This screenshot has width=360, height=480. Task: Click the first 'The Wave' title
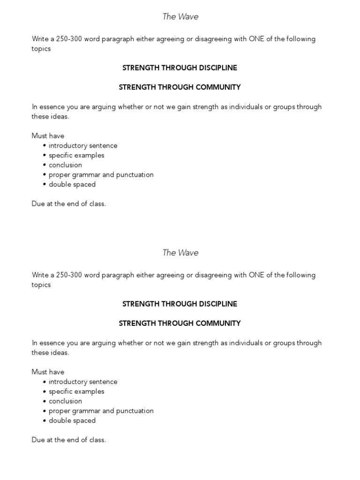coord(180,17)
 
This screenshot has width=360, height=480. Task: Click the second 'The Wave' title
coord(180,253)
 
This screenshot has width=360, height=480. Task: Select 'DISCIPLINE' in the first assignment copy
coord(216,68)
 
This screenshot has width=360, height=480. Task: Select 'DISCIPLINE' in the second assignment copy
coord(216,304)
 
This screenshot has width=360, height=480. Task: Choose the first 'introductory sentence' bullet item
coord(83,146)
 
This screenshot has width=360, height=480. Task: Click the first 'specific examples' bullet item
coord(76,156)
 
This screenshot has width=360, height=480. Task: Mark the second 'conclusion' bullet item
coord(65,401)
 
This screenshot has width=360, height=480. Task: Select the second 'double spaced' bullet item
coord(72,420)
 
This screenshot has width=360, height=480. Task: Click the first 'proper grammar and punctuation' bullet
coord(101,175)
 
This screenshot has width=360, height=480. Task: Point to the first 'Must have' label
coord(48,136)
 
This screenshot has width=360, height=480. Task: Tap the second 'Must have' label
coord(48,372)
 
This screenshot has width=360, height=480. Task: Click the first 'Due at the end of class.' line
coord(69,204)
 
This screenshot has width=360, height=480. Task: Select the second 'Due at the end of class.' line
coord(69,440)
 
